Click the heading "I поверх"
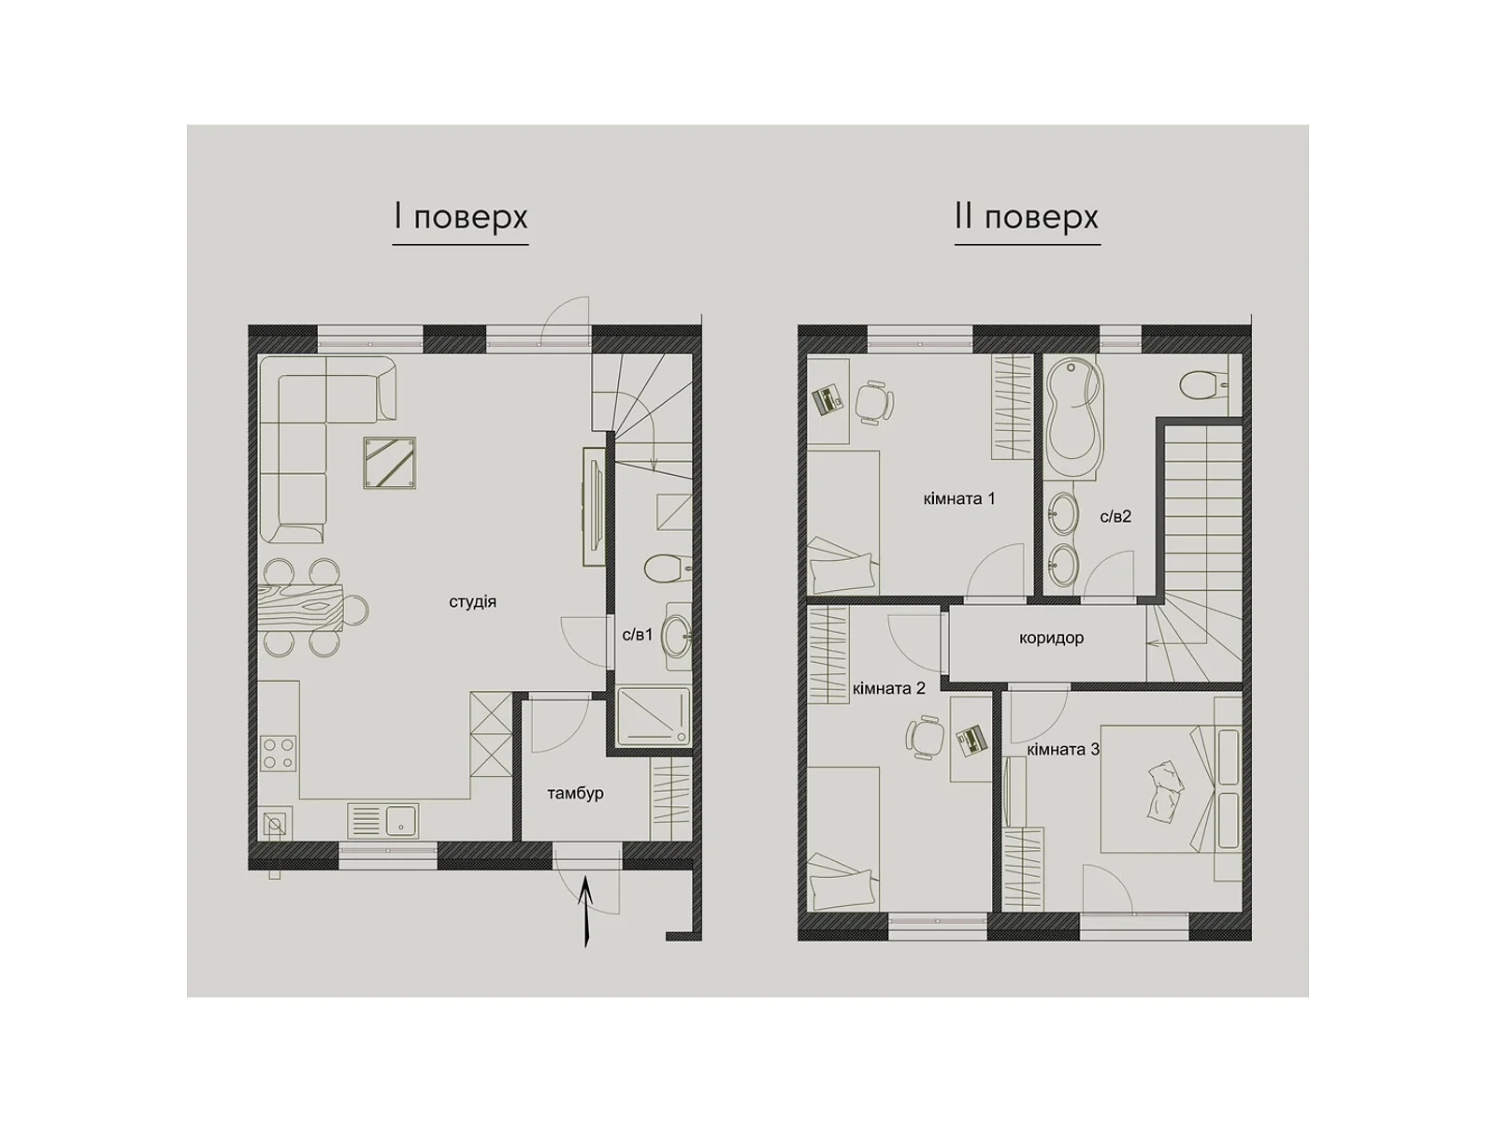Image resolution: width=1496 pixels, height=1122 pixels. coord(461,217)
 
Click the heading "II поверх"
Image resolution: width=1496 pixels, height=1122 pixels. coord(1027,217)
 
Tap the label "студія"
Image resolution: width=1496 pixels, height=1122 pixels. coord(472,602)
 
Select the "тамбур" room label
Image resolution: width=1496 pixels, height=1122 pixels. coord(575,794)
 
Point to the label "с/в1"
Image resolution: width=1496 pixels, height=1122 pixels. coord(638,635)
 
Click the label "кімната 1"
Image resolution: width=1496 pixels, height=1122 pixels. coord(959,498)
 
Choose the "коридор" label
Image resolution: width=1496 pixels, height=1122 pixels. coord(1051,639)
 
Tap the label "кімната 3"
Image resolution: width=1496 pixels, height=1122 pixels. coord(1063,750)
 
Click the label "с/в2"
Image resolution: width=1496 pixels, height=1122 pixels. coord(1115,517)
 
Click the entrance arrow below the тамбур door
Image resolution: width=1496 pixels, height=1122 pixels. coord(585,913)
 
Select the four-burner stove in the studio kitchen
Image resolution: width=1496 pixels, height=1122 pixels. coord(278,753)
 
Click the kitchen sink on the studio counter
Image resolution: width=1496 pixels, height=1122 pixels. coord(383,820)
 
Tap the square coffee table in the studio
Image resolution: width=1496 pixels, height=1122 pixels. coord(390,463)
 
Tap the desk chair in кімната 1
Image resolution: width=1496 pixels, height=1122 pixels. coord(873,401)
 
